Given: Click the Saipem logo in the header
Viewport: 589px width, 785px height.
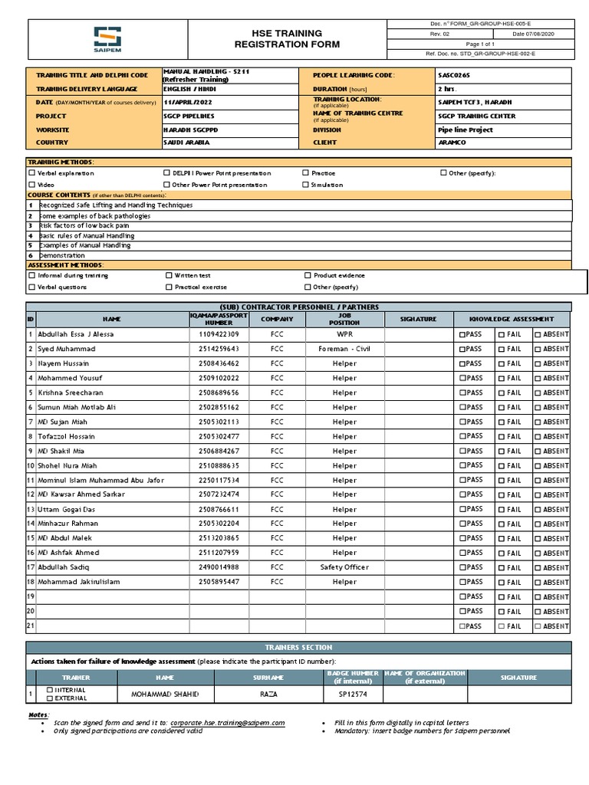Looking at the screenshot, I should pyautogui.click(x=107, y=39).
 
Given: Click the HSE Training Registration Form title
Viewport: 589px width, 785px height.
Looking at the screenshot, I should pyautogui.click(x=277, y=39).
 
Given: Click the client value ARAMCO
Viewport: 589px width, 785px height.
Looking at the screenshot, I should pyautogui.click(x=452, y=143).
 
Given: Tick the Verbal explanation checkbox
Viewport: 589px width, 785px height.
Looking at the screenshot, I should pyautogui.click(x=32, y=173).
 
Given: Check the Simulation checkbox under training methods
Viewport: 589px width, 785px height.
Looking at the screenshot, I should pyautogui.click(x=306, y=185).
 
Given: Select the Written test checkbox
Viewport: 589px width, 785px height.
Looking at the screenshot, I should pyautogui.click(x=169, y=275).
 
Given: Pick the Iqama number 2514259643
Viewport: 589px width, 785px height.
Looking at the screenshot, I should pyautogui.click(x=219, y=350).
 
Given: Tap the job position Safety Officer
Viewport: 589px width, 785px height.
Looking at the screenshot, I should pyautogui.click(x=344, y=567).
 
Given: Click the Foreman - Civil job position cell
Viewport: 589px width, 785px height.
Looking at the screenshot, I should pyautogui.click(x=344, y=350).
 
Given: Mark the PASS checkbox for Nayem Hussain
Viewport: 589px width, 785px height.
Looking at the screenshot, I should pyautogui.click(x=462, y=364).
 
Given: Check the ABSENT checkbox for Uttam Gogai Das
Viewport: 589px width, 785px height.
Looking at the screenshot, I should pyautogui.click(x=538, y=510).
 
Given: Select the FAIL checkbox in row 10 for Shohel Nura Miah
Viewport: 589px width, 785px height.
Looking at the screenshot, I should pyautogui.click(x=501, y=466).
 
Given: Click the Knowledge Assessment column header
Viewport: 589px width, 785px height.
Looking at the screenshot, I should pyautogui.click(x=512, y=318).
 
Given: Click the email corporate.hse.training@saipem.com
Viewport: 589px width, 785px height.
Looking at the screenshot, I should pyautogui.click(x=228, y=723).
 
